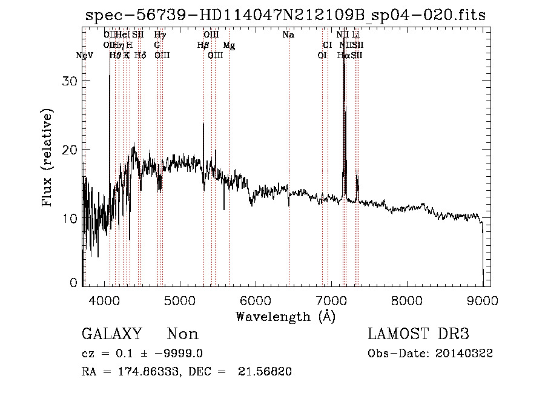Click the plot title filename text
tap(285, 15)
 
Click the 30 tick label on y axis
tap(72, 81)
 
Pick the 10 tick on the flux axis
tap(72, 218)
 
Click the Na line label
tap(289, 35)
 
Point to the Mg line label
tap(230, 45)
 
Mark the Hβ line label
tap(203, 45)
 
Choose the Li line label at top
tap(356, 35)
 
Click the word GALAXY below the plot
tap(112, 334)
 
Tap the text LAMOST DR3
tap(418, 334)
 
